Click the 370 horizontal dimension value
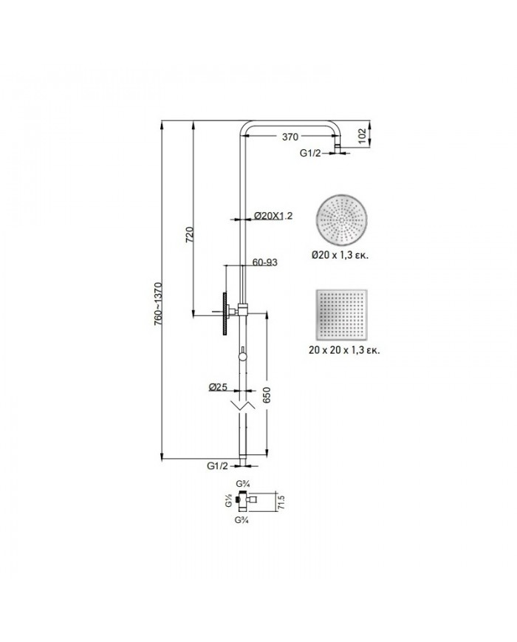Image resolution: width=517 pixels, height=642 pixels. [x=290, y=137]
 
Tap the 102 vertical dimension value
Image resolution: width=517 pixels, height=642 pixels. [x=362, y=137]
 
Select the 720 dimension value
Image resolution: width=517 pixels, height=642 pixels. [x=191, y=235]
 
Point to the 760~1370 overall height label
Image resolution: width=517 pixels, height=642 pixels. [x=158, y=304]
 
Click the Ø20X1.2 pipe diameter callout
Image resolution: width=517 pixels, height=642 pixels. [x=273, y=216]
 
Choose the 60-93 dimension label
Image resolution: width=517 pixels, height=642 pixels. [x=265, y=262]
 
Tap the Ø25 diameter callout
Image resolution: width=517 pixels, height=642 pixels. [x=218, y=387]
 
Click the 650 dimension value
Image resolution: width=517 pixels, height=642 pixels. [x=267, y=395]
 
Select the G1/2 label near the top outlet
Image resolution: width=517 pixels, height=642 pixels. [x=310, y=153]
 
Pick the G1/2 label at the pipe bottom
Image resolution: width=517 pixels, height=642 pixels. [x=217, y=465]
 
